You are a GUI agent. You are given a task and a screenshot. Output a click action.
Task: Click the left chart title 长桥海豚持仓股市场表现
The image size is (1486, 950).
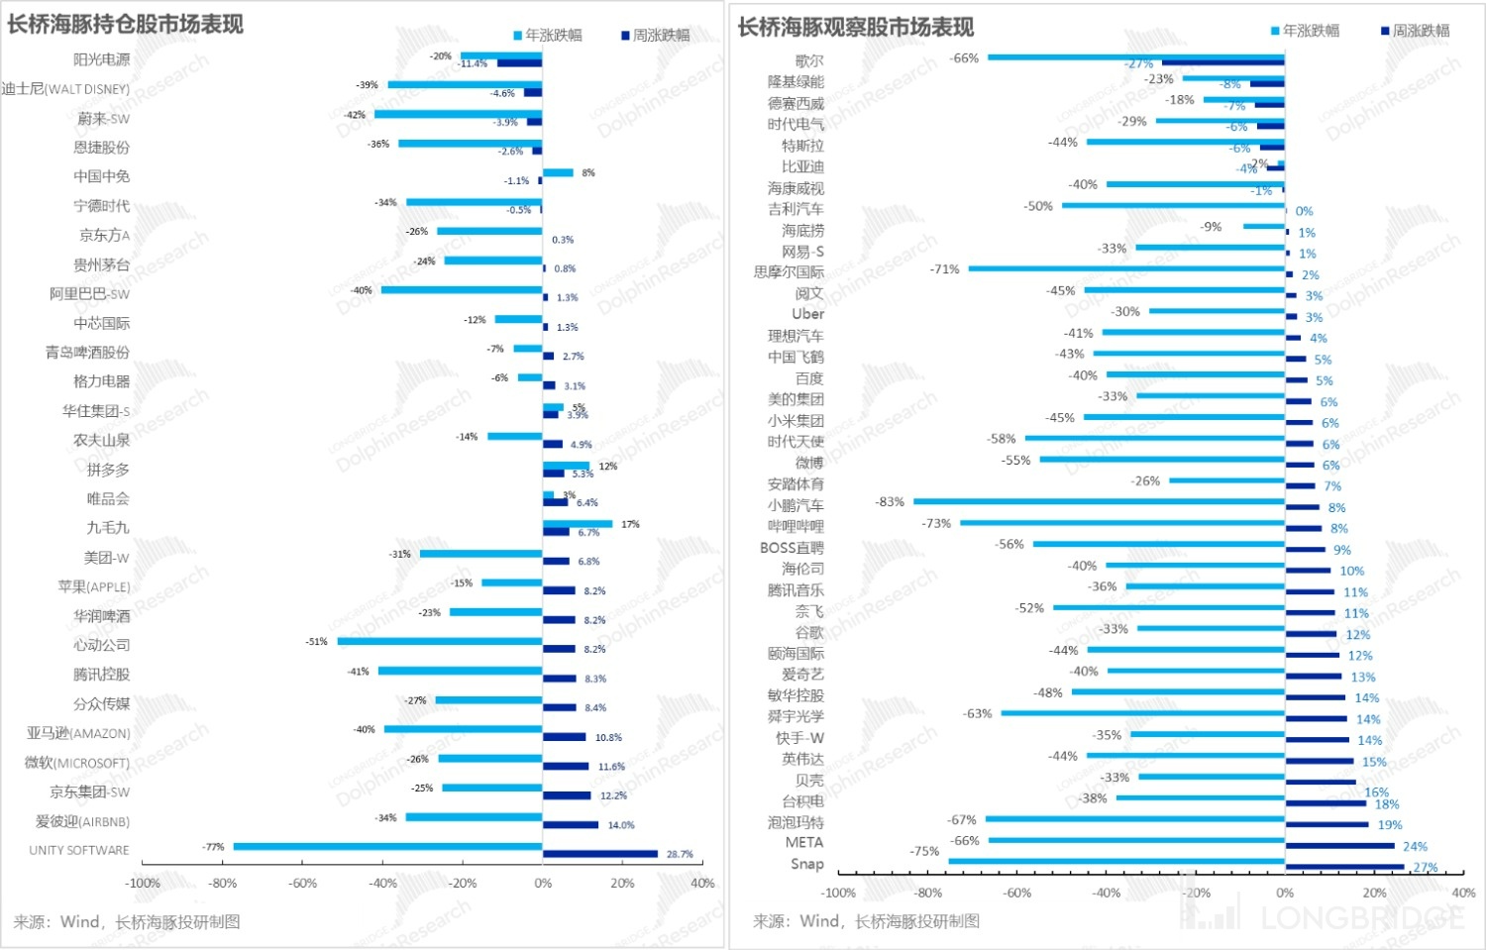(125, 25)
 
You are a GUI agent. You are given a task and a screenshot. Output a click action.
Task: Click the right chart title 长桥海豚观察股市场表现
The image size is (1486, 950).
(855, 27)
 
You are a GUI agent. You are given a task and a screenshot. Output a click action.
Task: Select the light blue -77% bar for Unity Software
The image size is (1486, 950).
(387, 846)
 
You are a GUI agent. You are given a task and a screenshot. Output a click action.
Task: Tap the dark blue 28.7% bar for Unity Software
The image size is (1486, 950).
(600, 854)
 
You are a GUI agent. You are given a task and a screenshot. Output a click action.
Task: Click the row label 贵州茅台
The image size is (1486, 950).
(101, 264)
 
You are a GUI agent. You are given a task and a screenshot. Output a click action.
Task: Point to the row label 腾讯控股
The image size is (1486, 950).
(101, 675)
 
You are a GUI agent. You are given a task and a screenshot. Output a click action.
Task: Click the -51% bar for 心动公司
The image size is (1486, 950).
(440, 642)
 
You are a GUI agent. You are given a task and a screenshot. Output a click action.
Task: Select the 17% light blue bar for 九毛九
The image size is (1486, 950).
(578, 524)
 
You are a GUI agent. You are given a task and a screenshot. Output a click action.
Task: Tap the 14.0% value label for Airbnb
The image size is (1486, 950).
(621, 825)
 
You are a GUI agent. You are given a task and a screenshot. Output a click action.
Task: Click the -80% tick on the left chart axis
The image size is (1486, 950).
(223, 883)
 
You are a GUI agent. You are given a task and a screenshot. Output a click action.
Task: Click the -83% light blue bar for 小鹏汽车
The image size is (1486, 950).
(1099, 502)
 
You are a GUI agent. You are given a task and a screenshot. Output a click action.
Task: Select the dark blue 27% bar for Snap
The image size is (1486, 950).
(1344, 867)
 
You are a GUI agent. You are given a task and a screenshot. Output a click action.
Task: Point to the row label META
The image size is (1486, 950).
(803, 842)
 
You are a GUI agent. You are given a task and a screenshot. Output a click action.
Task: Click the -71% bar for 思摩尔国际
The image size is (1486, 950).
(1126, 268)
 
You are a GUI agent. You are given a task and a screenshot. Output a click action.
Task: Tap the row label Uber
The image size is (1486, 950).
(807, 314)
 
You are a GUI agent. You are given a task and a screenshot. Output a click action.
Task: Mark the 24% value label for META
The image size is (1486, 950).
(1415, 847)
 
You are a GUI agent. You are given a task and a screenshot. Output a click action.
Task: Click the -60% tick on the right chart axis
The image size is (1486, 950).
(1017, 893)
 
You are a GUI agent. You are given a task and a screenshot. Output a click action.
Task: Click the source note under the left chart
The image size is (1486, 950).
(127, 922)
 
